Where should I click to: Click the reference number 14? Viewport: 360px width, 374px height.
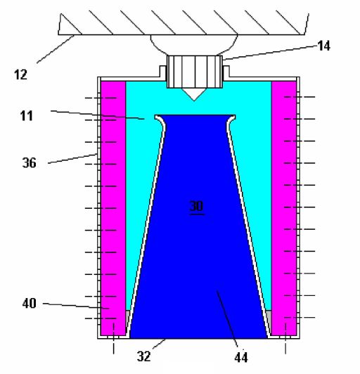click(x=323, y=47)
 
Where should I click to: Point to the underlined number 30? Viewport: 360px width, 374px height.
click(x=195, y=206)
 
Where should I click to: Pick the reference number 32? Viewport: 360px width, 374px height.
click(x=144, y=356)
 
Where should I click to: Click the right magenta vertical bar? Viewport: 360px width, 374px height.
click(x=283, y=204)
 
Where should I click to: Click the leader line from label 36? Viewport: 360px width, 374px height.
click(x=73, y=158)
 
